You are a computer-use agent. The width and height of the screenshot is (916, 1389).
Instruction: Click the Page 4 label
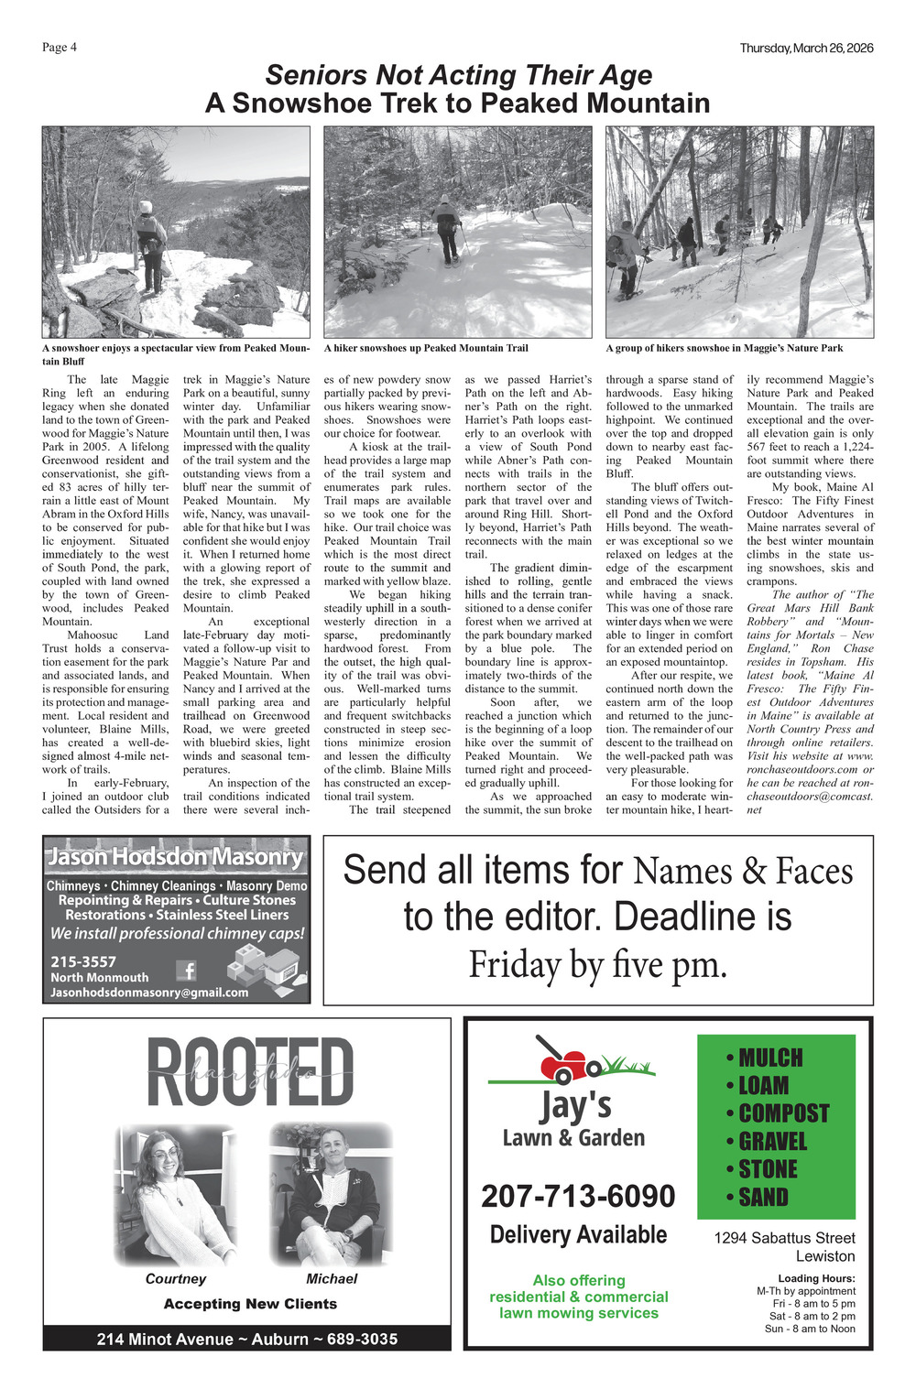[60, 48]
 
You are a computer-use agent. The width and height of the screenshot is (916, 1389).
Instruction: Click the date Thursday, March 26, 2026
[806, 48]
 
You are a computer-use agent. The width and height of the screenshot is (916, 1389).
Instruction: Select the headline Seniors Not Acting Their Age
[459, 75]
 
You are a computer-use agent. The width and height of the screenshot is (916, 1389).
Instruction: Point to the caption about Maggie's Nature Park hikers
[724, 348]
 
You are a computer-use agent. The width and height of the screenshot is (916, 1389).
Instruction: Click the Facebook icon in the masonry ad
[186, 971]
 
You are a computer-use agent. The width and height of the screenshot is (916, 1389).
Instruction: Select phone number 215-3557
[83, 961]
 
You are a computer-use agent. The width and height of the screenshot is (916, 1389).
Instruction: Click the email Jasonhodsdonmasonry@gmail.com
[149, 993]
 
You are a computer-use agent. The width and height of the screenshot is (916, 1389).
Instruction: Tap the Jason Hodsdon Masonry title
[175, 858]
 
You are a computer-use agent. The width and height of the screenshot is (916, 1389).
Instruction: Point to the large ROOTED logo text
[249, 1072]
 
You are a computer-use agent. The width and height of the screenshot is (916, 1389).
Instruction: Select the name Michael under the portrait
[332, 1279]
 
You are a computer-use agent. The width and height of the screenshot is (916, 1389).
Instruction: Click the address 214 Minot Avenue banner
[247, 1339]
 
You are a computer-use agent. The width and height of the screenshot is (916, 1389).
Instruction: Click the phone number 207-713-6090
[578, 1196]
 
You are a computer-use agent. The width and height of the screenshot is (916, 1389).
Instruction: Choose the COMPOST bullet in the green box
[778, 1113]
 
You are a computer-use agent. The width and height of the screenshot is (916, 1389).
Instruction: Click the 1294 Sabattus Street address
[784, 1238]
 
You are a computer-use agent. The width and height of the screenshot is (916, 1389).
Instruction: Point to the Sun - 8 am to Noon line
[810, 1329]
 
